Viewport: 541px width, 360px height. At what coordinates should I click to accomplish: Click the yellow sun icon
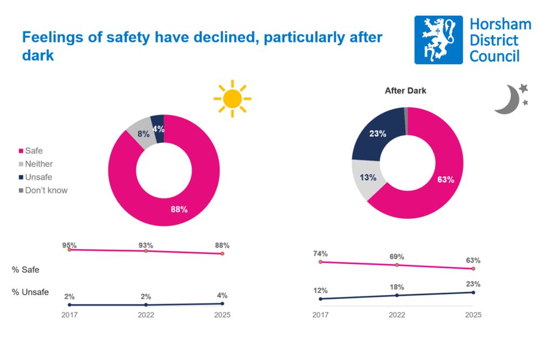[x=233, y=98]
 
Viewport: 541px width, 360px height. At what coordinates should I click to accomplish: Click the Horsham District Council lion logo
[x=439, y=40]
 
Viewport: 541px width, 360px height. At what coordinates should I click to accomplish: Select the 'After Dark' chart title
[x=405, y=91]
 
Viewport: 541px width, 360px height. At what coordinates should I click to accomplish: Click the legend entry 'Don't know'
[x=46, y=190]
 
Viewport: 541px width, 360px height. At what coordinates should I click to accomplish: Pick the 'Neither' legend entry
[x=39, y=164]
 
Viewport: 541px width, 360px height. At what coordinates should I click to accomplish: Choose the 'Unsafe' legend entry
[x=38, y=177]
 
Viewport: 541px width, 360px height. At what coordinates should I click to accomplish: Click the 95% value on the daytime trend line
[x=69, y=245]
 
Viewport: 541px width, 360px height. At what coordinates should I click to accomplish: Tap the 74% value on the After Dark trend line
[x=320, y=254]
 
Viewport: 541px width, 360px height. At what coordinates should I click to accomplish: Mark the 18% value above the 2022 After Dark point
[x=397, y=287]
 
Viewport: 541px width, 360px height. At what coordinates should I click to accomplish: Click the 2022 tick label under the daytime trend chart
[x=146, y=315]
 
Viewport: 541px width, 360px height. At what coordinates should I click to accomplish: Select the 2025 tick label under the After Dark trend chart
[x=473, y=315]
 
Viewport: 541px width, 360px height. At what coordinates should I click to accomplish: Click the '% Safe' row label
[x=25, y=269]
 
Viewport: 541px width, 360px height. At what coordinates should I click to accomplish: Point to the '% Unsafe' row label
[x=30, y=292]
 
